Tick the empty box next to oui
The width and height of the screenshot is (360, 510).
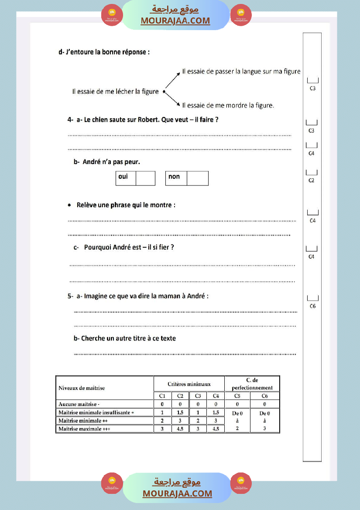coord(145,178)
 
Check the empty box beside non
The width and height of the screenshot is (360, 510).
coord(197,178)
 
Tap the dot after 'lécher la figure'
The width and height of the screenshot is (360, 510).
coord(164,92)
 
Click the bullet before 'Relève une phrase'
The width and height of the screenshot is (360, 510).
coord(70,205)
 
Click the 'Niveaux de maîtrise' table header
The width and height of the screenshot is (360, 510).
coord(82,388)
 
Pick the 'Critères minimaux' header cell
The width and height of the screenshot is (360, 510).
coord(189,384)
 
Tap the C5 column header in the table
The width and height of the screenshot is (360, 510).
coord(237,396)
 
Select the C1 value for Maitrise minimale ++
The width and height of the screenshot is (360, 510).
coord(162,421)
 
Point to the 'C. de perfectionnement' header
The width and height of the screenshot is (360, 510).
coord(252,384)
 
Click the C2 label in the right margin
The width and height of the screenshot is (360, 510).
coord(311,180)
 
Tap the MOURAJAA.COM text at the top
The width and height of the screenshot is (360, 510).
coord(175,21)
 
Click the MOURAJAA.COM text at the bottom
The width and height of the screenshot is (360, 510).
coord(177,493)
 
